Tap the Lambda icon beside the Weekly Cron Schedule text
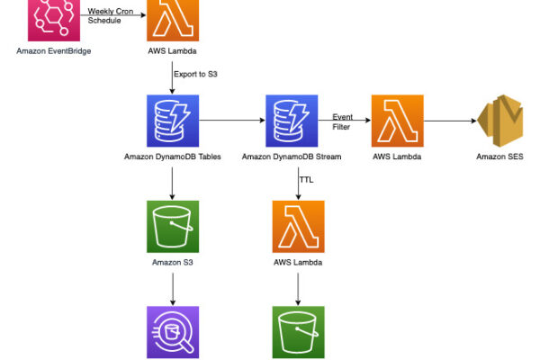(173, 18)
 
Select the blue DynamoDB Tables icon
(173, 120)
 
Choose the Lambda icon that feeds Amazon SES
(397, 120)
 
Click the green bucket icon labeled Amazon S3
(173, 226)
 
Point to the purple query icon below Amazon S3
(173, 333)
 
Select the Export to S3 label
(198, 75)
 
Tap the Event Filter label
(343, 122)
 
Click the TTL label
(306, 180)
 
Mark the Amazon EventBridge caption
(53, 51)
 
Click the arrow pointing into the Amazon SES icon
(450, 120)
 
